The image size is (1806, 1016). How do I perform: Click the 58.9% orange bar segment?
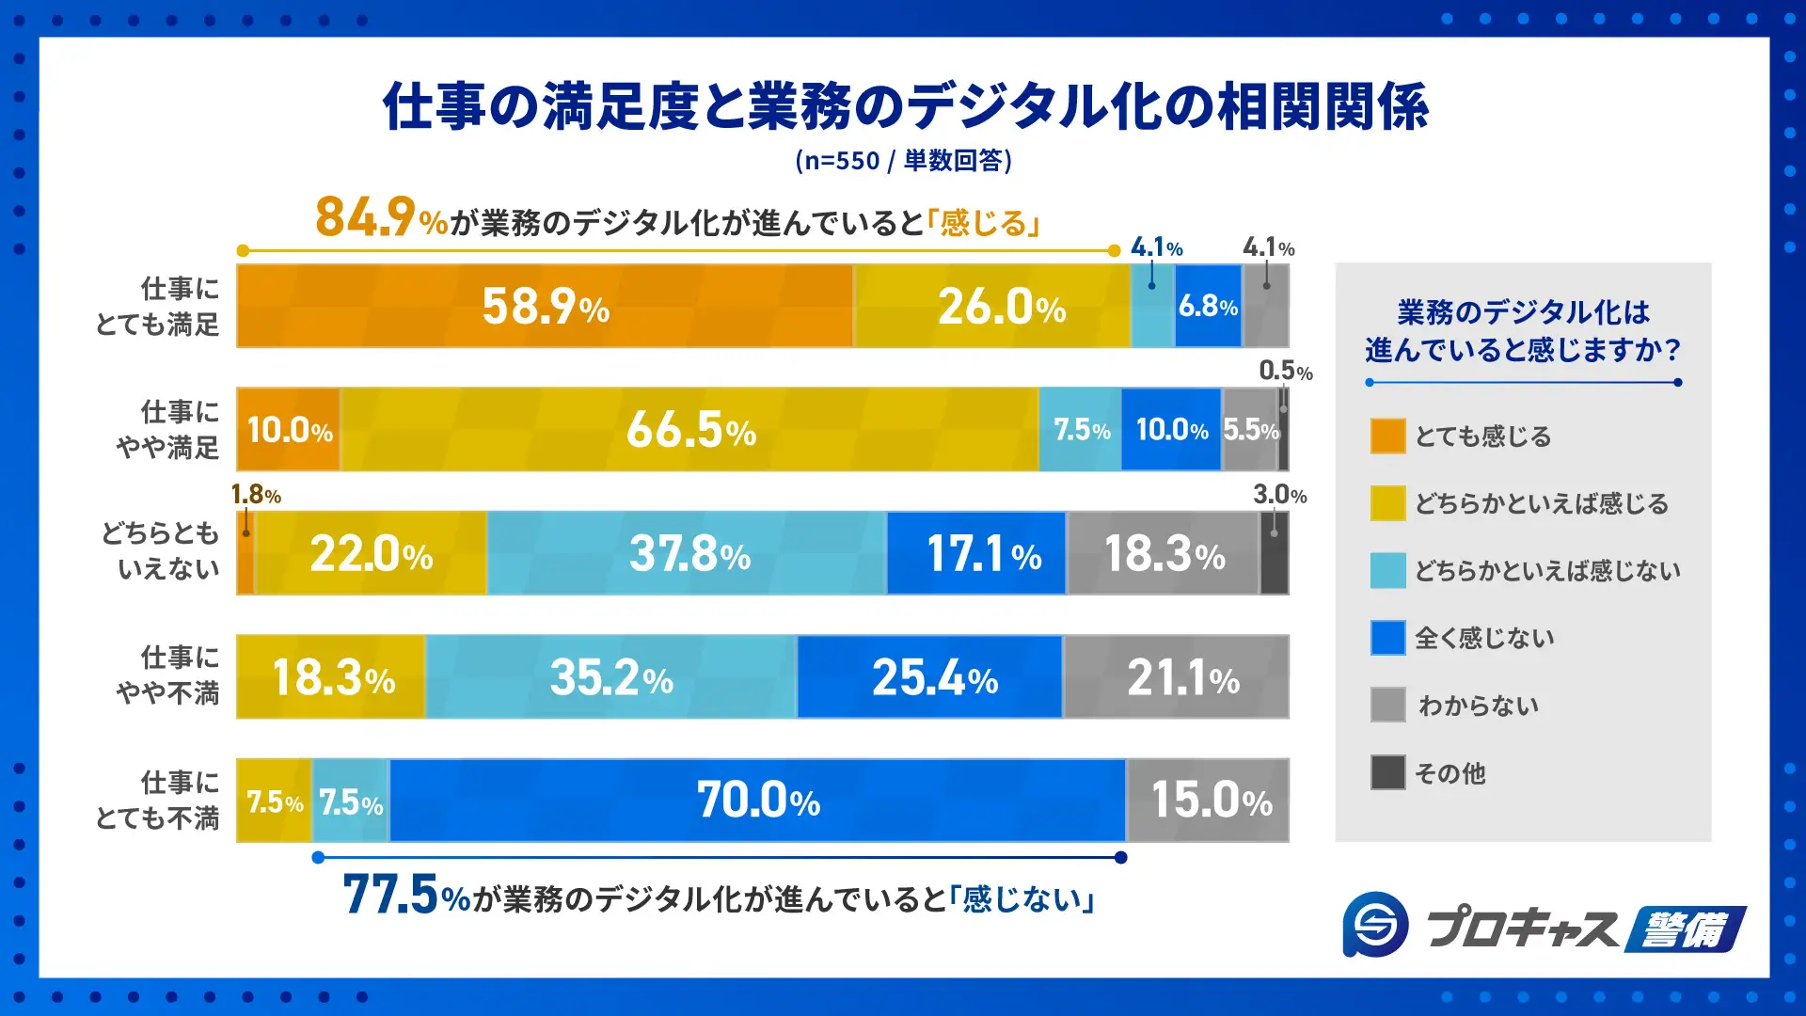pyautogui.click(x=545, y=307)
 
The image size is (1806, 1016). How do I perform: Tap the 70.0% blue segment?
pyautogui.click(x=757, y=801)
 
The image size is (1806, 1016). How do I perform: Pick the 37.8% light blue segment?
pyautogui.click(x=688, y=553)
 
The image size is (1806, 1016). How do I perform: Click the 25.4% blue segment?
pyautogui.click(x=931, y=677)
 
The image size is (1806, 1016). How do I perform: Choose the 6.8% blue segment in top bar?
pyautogui.click(x=1208, y=307)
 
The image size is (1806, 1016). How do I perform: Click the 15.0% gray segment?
pyautogui.click(x=1210, y=801)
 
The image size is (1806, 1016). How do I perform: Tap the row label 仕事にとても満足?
pyautogui.click(x=158, y=307)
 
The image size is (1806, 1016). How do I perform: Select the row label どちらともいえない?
pyautogui.click(x=160, y=551)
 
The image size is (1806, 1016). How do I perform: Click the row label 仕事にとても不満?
pyautogui.click(x=158, y=801)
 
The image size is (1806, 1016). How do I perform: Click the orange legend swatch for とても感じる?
pyautogui.click(x=1387, y=437)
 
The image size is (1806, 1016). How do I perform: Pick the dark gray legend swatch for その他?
pyautogui.click(x=1387, y=772)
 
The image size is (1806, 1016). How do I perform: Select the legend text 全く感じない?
pyautogui.click(x=1484, y=639)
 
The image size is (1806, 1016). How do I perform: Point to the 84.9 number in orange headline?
pyautogui.click(x=365, y=217)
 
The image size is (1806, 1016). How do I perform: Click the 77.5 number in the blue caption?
pyautogui.click(x=390, y=895)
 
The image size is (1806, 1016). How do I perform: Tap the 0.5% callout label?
pyautogui.click(x=1285, y=371)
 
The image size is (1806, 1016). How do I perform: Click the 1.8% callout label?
pyautogui.click(x=255, y=495)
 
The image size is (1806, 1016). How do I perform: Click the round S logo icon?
pyautogui.click(x=1375, y=925)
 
